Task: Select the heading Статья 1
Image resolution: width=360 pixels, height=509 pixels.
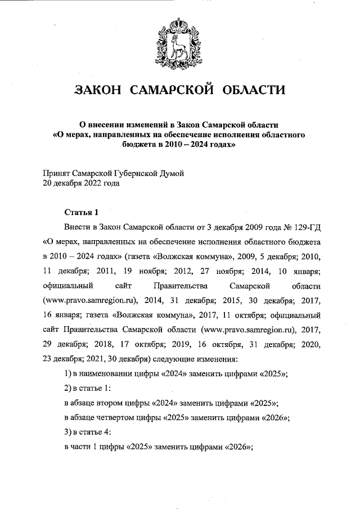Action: [x=82, y=212]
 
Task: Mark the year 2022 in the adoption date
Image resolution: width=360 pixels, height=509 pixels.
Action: [x=94, y=183]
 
